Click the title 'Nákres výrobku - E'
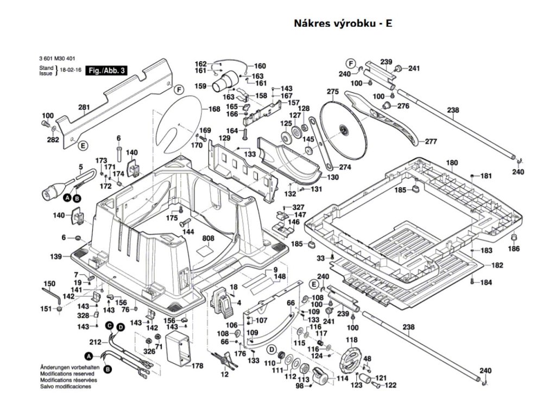[x=343, y=23]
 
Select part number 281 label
[x=84, y=108]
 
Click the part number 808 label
[x=208, y=238]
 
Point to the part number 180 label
[x=452, y=162]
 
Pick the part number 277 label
[x=431, y=142]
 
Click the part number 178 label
[x=197, y=366]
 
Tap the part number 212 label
[x=95, y=342]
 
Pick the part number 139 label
[x=55, y=256]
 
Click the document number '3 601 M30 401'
[x=58, y=60]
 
